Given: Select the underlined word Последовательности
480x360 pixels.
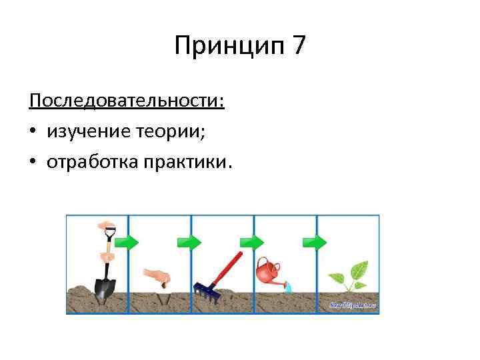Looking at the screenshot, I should (x=127, y=102).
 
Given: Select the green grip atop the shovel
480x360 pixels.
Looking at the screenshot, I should (x=109, y=231).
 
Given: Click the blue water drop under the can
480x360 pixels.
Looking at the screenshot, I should (x=288, y=287).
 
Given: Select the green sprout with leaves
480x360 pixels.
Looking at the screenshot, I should (x=349, y=276).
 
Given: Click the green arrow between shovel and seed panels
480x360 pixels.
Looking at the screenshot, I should (x=128, y=241).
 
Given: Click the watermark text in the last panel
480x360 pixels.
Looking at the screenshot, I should (x=353, y=305).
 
